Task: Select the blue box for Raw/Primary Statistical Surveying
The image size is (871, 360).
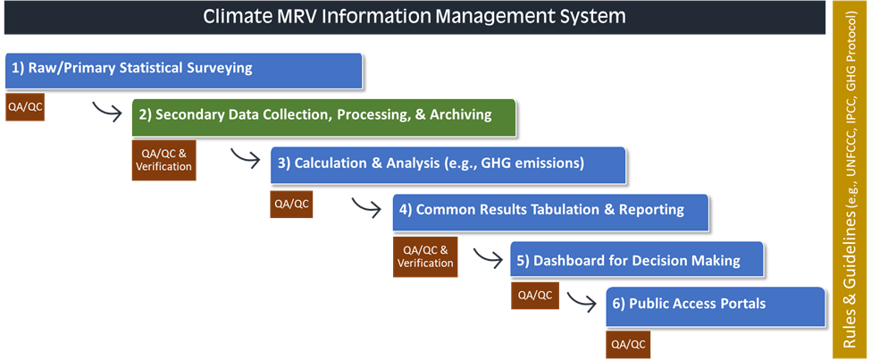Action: click(184, 71)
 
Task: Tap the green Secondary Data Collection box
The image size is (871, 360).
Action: click(324, 117)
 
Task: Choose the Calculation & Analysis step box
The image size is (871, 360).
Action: click(448, 165)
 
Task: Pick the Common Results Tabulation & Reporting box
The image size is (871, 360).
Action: click(550, 212)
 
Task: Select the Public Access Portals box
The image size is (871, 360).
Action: click(716, 306)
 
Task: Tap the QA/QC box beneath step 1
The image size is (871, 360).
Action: click(24, 106)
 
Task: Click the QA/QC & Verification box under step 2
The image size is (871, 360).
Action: click(163, 161)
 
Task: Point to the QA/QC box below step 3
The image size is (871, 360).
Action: click(291, 204)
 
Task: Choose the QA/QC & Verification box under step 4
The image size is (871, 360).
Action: click(425, 256)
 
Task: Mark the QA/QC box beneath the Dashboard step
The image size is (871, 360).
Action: click(535, 296)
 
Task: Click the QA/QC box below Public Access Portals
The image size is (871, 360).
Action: click(628, 345)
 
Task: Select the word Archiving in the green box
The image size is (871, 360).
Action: click(465, 115)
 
